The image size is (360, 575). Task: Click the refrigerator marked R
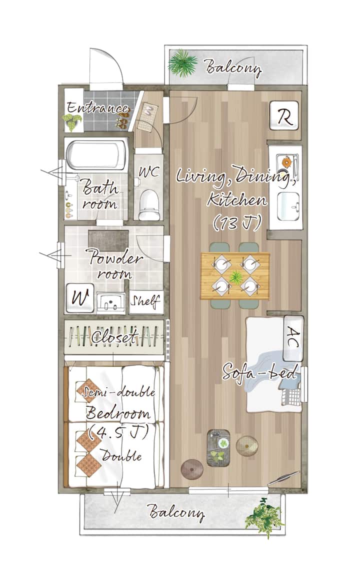(284, 115)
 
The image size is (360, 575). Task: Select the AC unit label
(293, 337)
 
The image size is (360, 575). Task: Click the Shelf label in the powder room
(145, 301)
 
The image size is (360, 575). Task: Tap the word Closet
(114, 336)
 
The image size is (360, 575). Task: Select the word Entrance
(97, 108)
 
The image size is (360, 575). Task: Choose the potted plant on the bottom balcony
(264, 516)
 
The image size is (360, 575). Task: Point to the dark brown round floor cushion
(191, 468)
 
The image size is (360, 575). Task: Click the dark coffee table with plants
(218, 447)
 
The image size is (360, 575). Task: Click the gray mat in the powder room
(108, 240)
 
